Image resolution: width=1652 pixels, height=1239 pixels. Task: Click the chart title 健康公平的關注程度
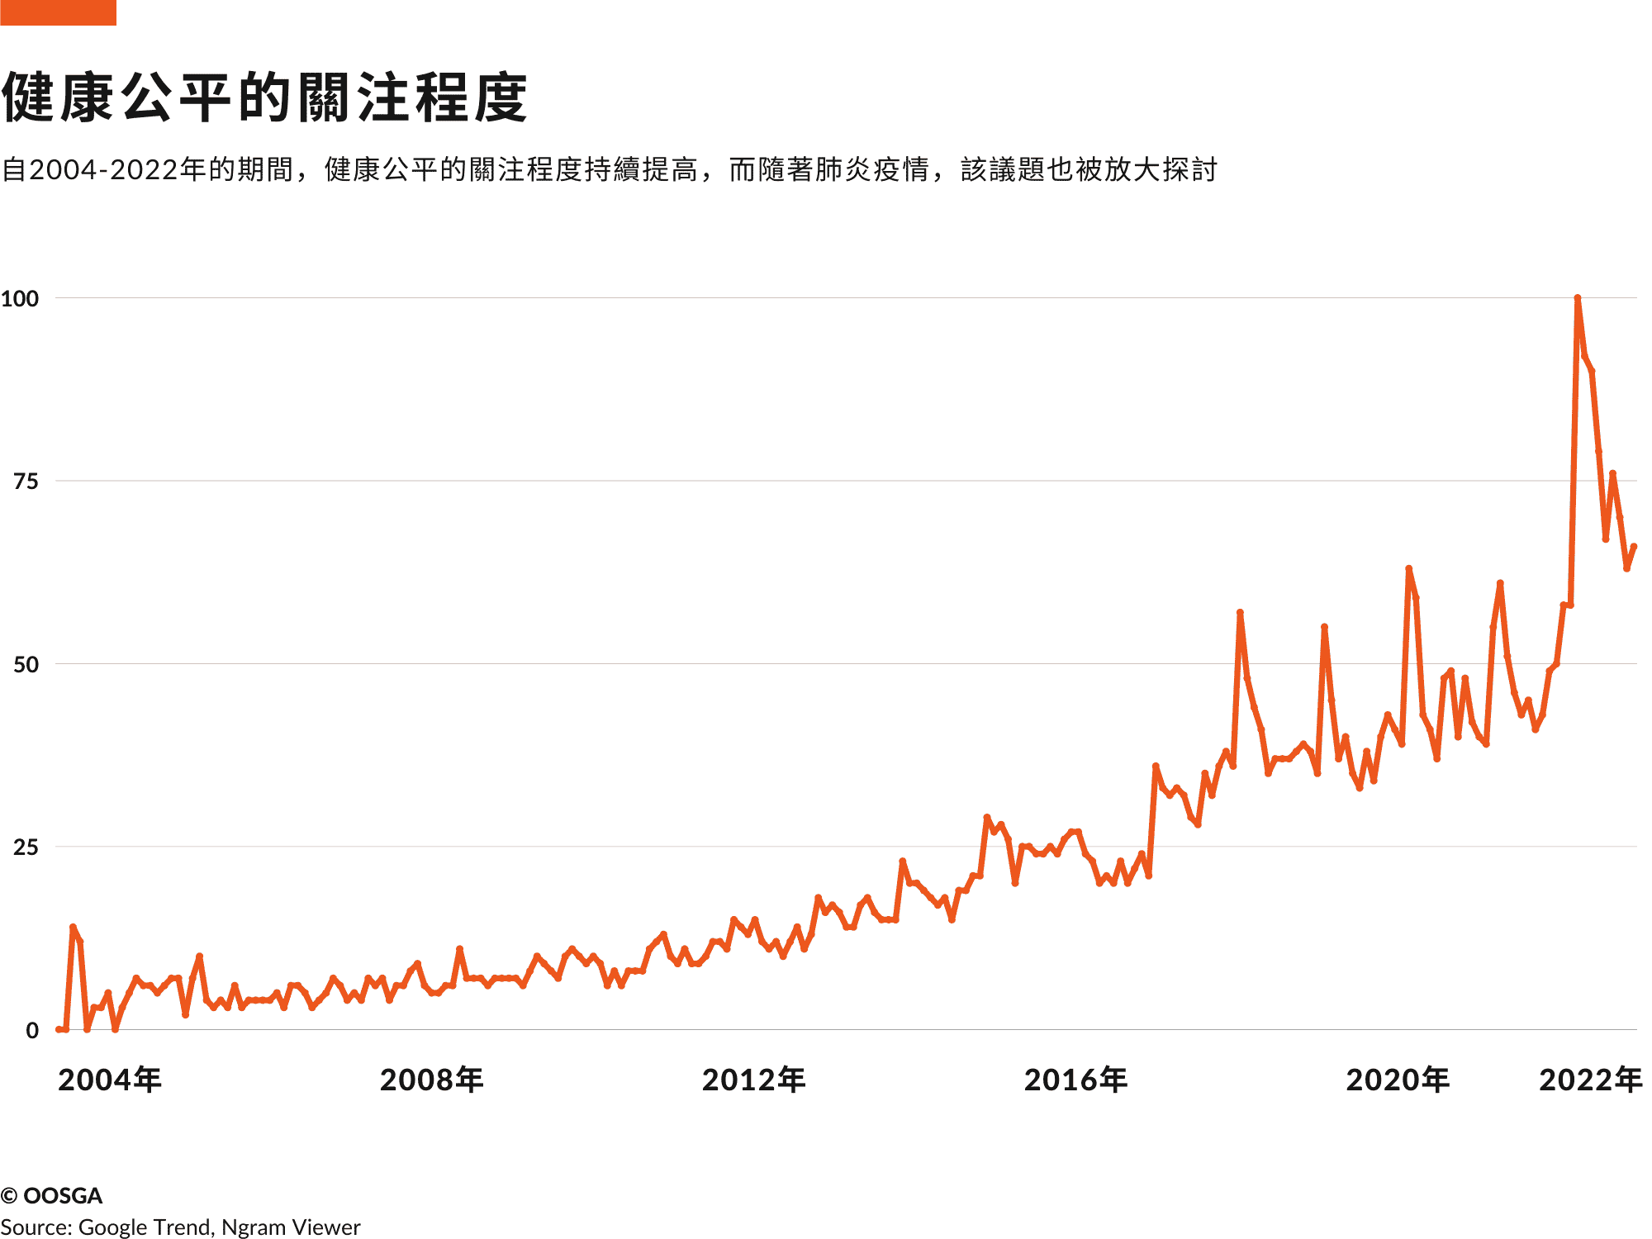(264, 97)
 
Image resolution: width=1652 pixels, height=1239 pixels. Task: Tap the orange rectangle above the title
(58, 12)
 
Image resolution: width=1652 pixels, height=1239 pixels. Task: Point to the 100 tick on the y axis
(20, 298)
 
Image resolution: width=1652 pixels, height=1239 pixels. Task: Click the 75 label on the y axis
(26, 481)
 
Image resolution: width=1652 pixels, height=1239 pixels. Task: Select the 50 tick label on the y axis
(26, 664)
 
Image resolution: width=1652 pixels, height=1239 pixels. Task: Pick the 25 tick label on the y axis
(26, 847)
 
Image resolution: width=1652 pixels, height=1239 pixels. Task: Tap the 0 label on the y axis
(32, 1030)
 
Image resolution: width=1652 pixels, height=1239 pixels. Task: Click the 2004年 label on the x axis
(110, 1080)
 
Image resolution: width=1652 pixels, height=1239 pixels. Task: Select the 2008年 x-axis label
(432, 1080)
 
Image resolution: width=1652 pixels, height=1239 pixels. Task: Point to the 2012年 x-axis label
(754, 1080)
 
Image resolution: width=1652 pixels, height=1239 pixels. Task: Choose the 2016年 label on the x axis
(1076, 1080)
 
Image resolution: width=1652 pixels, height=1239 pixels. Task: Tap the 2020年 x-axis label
(1398, 1080)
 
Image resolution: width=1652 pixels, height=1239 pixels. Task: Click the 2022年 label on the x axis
(1591, 1080)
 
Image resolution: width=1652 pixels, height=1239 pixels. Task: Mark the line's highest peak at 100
(1578, 298)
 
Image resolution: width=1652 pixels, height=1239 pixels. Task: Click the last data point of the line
(1634, 547)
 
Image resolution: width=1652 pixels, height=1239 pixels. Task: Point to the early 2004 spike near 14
(73, 928)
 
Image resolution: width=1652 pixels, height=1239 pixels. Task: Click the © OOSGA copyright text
(51, 1195)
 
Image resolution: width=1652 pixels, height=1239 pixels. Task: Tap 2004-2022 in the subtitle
(104, 169)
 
